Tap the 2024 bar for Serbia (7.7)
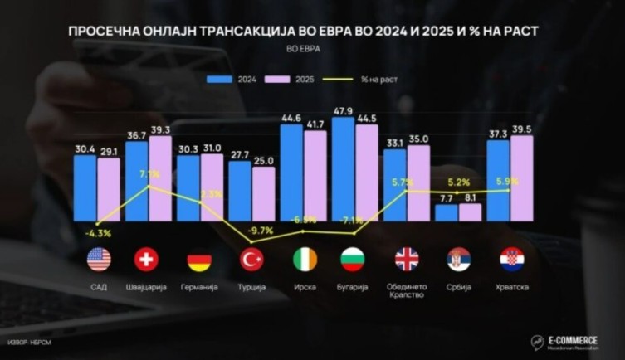click(x=446, y=213)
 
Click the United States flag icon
click(x=99, y=260)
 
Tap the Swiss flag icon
click(x=146, y=260)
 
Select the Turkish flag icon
click(x=251, y=260)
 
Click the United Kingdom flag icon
click(x=407, y=260)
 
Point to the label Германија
click(x=198, y=287)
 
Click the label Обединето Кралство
click(x=407, y=291)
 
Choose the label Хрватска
click(x=511, y=287)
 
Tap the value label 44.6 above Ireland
click(x=291, y=118)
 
